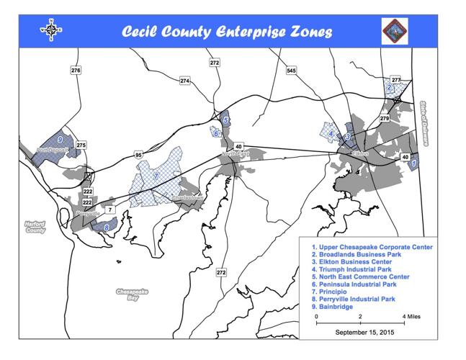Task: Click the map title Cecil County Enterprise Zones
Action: (226, 32)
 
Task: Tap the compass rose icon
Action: (50, 31)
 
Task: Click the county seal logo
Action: (395, 31)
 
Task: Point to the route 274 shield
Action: (185, 81)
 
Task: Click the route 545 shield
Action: (291, 71)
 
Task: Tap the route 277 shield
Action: (395, 79)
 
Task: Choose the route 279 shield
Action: (384, 118)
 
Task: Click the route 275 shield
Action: (81, 145)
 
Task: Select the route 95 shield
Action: (138, 155)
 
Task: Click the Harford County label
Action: (35, 227)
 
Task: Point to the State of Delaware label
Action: (426, 123)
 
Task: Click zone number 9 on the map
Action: (60, 138)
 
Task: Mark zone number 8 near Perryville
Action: (107, 228)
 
